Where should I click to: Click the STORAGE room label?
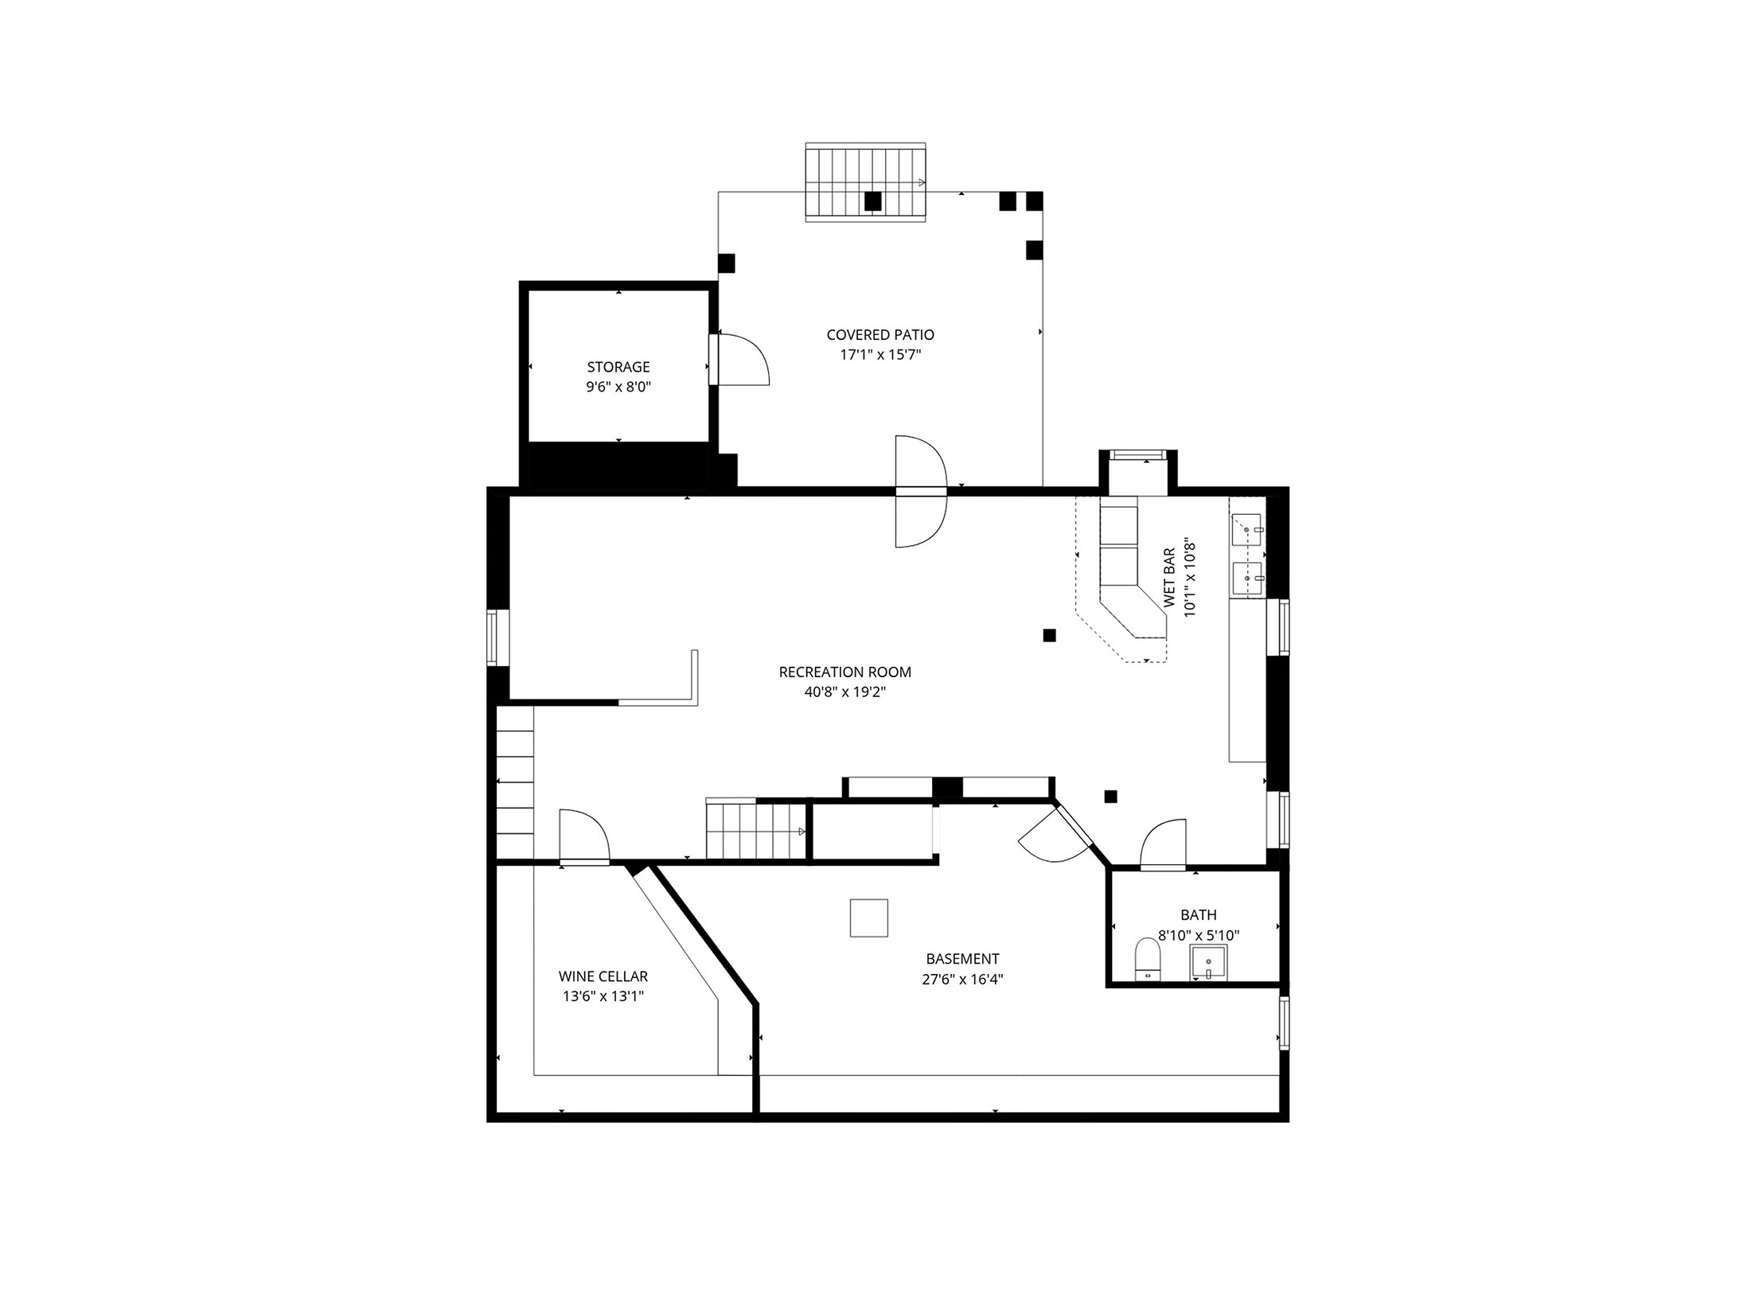click(618, 367)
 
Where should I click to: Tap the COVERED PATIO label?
click(880, 335)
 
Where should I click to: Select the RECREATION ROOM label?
click(844, 672)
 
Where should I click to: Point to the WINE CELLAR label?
click(603, 976)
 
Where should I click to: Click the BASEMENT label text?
click(962, 959)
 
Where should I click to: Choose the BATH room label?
click(1198, 915)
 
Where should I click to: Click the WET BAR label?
click(1169, 578)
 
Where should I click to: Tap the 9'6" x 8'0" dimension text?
click(618, 388)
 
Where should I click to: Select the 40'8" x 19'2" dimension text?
click(844, 692)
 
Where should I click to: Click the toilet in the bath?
click(1147, 960)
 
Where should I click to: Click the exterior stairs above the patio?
click(866, 182)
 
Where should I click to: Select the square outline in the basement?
click(868, 918)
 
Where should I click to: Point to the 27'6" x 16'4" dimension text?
click(962, 980)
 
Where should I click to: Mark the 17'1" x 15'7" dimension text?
click(880, 355)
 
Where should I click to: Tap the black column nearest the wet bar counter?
click(1050, 635)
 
